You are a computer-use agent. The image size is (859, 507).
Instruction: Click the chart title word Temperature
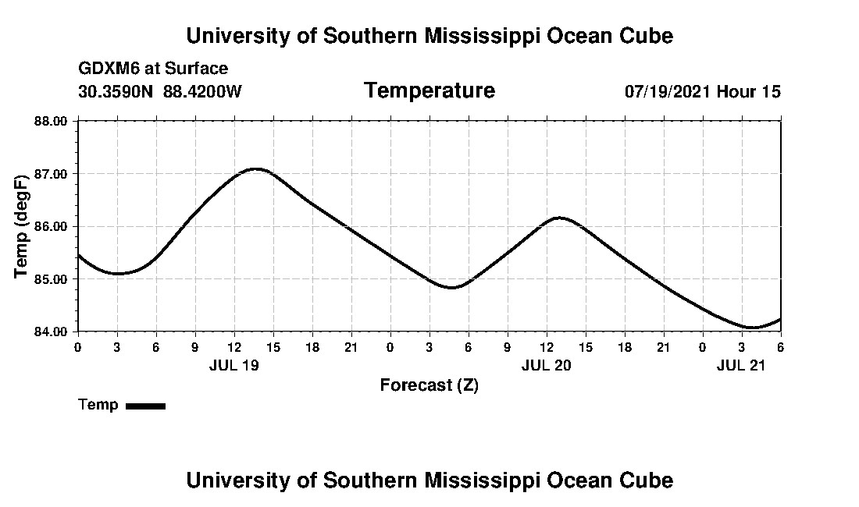pyautogui.click(x=429, y=90)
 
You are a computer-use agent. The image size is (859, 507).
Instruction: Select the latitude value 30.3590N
pyautogui.click(x=116, y=91)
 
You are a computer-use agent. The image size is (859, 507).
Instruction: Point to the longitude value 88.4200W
pyautogui.click(x=202, y=91)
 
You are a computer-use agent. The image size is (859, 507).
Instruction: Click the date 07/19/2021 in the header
pyautogui.click(x=667, y=91)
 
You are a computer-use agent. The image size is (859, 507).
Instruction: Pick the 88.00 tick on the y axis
pyautogui.click(x=52, y=121)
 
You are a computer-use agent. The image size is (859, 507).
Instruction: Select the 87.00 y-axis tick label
pyautogui.click(x=52, y=173)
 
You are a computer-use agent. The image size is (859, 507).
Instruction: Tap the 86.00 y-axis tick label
pyautogui.click(x=52, y=226)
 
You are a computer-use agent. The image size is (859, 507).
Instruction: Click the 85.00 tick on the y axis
pyautogui.click(x=52, y=278)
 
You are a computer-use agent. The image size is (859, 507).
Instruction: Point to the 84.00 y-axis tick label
pyautogui.click(x=52, y=331)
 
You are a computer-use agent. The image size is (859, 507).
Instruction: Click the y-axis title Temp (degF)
pyautogui.click(x=22, y=226)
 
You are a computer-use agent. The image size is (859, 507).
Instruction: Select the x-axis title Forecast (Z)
pyautogui.click(x=429, y=385)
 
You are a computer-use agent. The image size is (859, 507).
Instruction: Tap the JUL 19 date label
pyautogui.click(x=234, y=364)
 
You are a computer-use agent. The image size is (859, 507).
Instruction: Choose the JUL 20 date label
pyautogui.click(x=547, y=364)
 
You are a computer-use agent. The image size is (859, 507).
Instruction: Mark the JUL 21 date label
pyautogui.click(x=742, y=364)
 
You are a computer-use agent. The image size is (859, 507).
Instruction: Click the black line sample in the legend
pyautogui.click(x=145, y=406)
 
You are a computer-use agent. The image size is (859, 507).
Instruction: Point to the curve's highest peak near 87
pyautogui.click(x=255, y=168)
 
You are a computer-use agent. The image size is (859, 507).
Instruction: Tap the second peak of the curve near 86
pyautogui.click(x=559, y=218)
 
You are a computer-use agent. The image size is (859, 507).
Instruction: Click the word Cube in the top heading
pyautogui.click(x=646, y=36)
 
